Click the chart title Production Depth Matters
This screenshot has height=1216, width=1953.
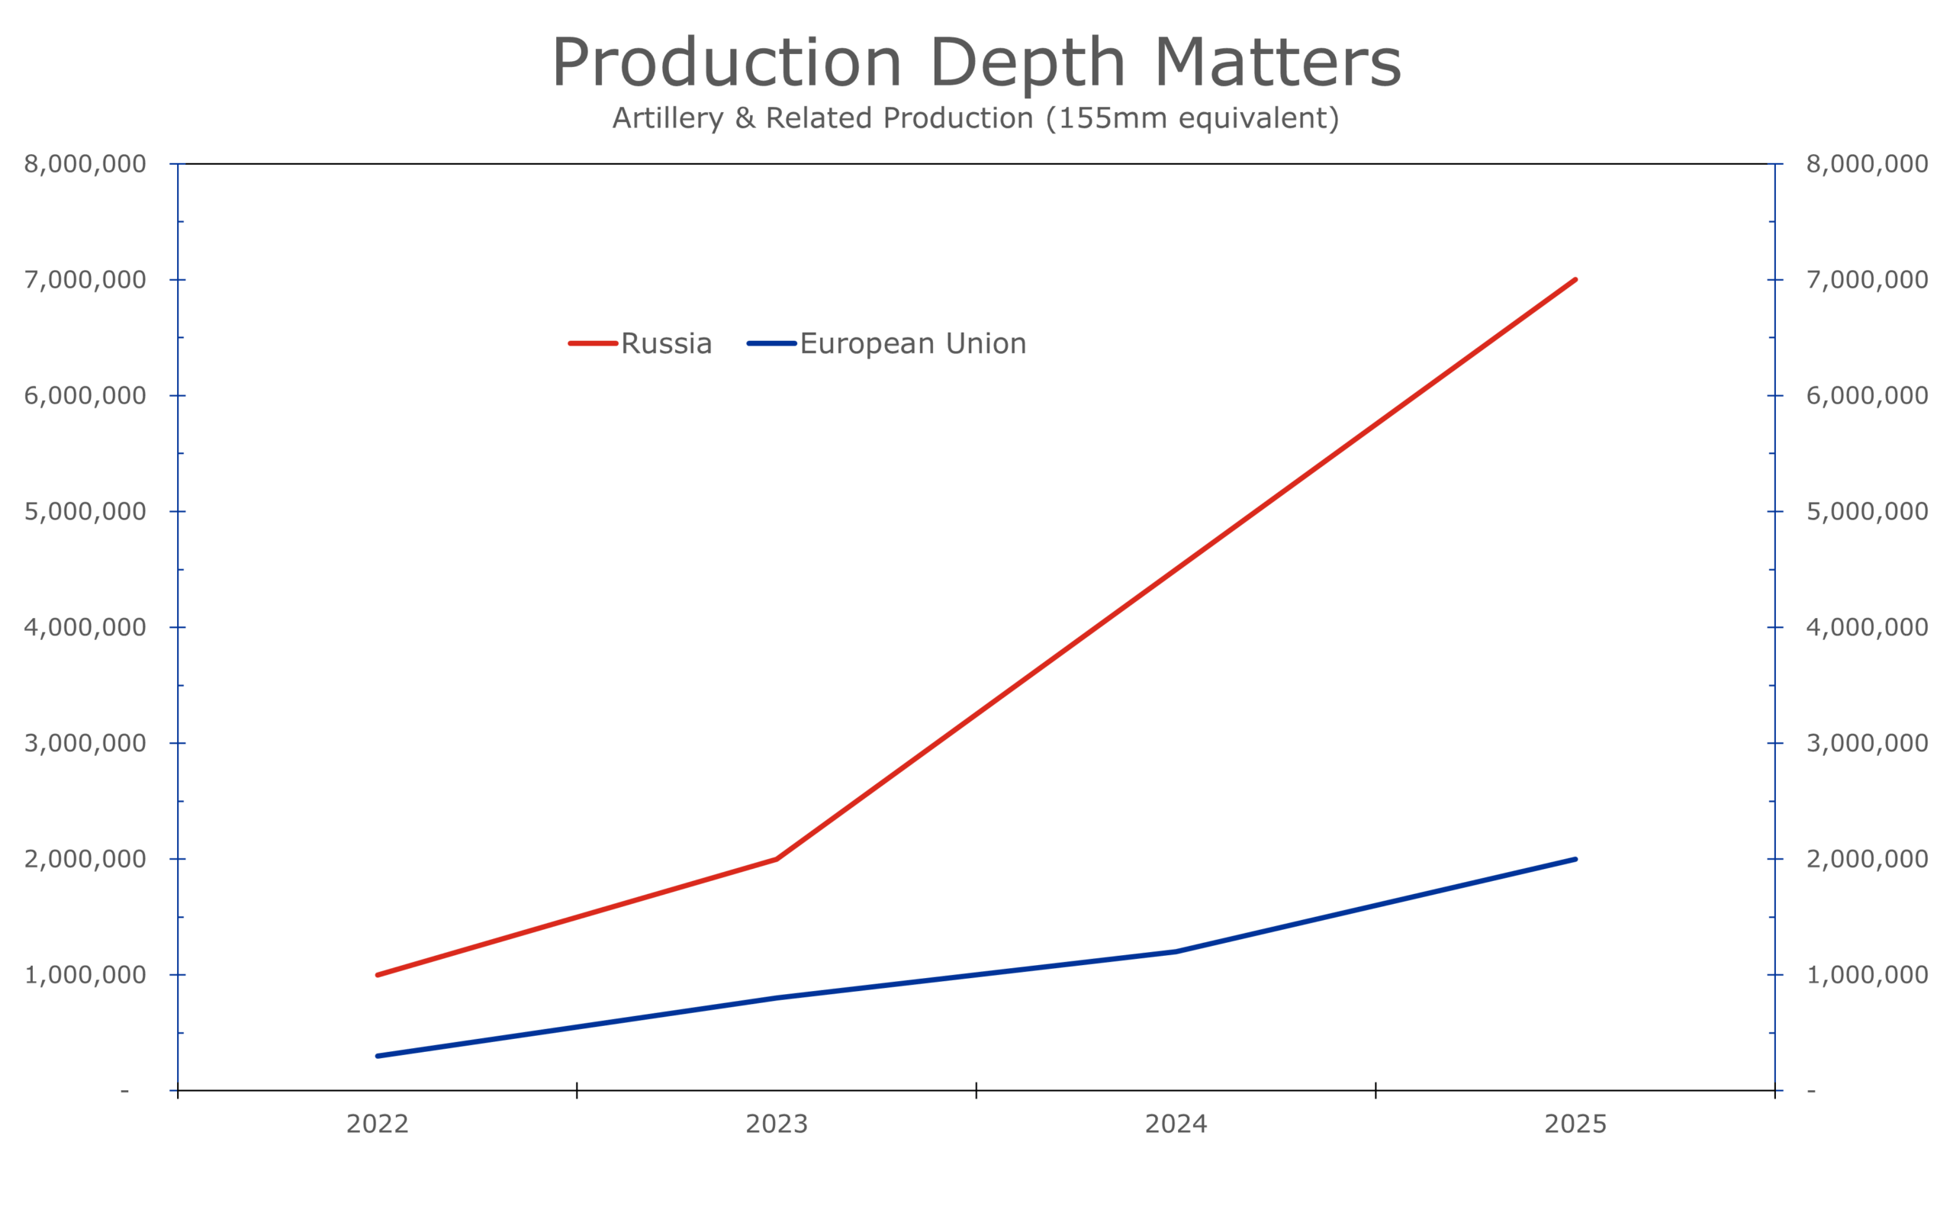click(x=976, y=63)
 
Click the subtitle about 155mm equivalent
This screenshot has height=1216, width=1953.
click(x=976, y=118)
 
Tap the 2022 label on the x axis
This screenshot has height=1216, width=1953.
click(x=377, y=1124)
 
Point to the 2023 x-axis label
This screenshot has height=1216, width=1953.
click(x=777, y=1124)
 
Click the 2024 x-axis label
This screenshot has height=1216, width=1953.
click(x=1176, y=1124)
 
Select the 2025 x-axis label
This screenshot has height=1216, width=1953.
click(x=1575, y=1124)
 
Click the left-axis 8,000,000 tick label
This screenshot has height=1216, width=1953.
click(x=85, y=164)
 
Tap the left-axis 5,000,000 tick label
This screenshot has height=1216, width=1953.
click(x=85, y=511)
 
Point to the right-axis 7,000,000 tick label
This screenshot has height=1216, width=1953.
click(x=1867, y=280)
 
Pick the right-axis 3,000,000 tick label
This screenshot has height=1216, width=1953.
click(x=1867, y=743)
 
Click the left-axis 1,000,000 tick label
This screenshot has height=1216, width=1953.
click(x=85, y=975)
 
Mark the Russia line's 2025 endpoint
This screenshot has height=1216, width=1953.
click(x=1575, y=280)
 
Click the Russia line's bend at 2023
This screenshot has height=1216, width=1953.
click(x=777, y=859)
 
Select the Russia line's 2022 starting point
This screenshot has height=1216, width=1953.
click(x=377, y=975)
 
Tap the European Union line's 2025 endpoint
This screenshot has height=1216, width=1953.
click(x=1575, y=859)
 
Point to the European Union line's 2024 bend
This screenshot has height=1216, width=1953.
click(x=1176, y=951)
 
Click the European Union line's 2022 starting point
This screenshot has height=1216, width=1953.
click(x=377, y=1056)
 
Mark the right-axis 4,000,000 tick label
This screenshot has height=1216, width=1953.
click(x=1867, y=627)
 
